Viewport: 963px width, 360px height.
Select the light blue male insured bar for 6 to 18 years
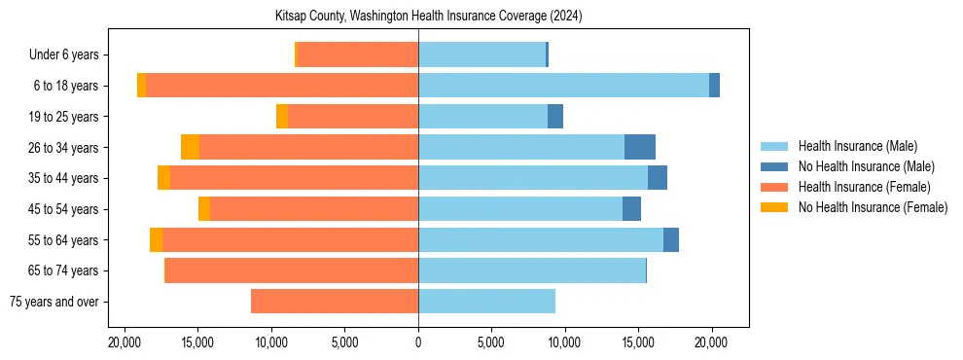coord(563,86)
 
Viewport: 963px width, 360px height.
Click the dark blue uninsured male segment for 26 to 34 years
coord(639,147)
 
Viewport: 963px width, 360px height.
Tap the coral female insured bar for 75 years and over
coord(335,302)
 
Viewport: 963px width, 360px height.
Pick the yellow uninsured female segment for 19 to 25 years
coord(282,117)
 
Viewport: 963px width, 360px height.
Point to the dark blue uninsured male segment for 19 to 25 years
coord(555,117)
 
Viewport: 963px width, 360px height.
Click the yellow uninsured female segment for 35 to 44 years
coord(163,178)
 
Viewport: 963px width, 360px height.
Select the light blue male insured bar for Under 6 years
coord(481,54)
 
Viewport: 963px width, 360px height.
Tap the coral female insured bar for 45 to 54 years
coord(314,209)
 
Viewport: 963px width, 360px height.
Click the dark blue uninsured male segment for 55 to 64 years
coord(671,239)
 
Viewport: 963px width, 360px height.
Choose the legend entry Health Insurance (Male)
coord(857,146)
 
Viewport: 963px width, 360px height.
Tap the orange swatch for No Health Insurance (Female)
coord(774,207)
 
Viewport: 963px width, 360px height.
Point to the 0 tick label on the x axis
coord(418,342)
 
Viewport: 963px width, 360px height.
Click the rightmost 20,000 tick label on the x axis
coord(711,342)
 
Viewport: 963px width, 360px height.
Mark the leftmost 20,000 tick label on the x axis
coord(125,342)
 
